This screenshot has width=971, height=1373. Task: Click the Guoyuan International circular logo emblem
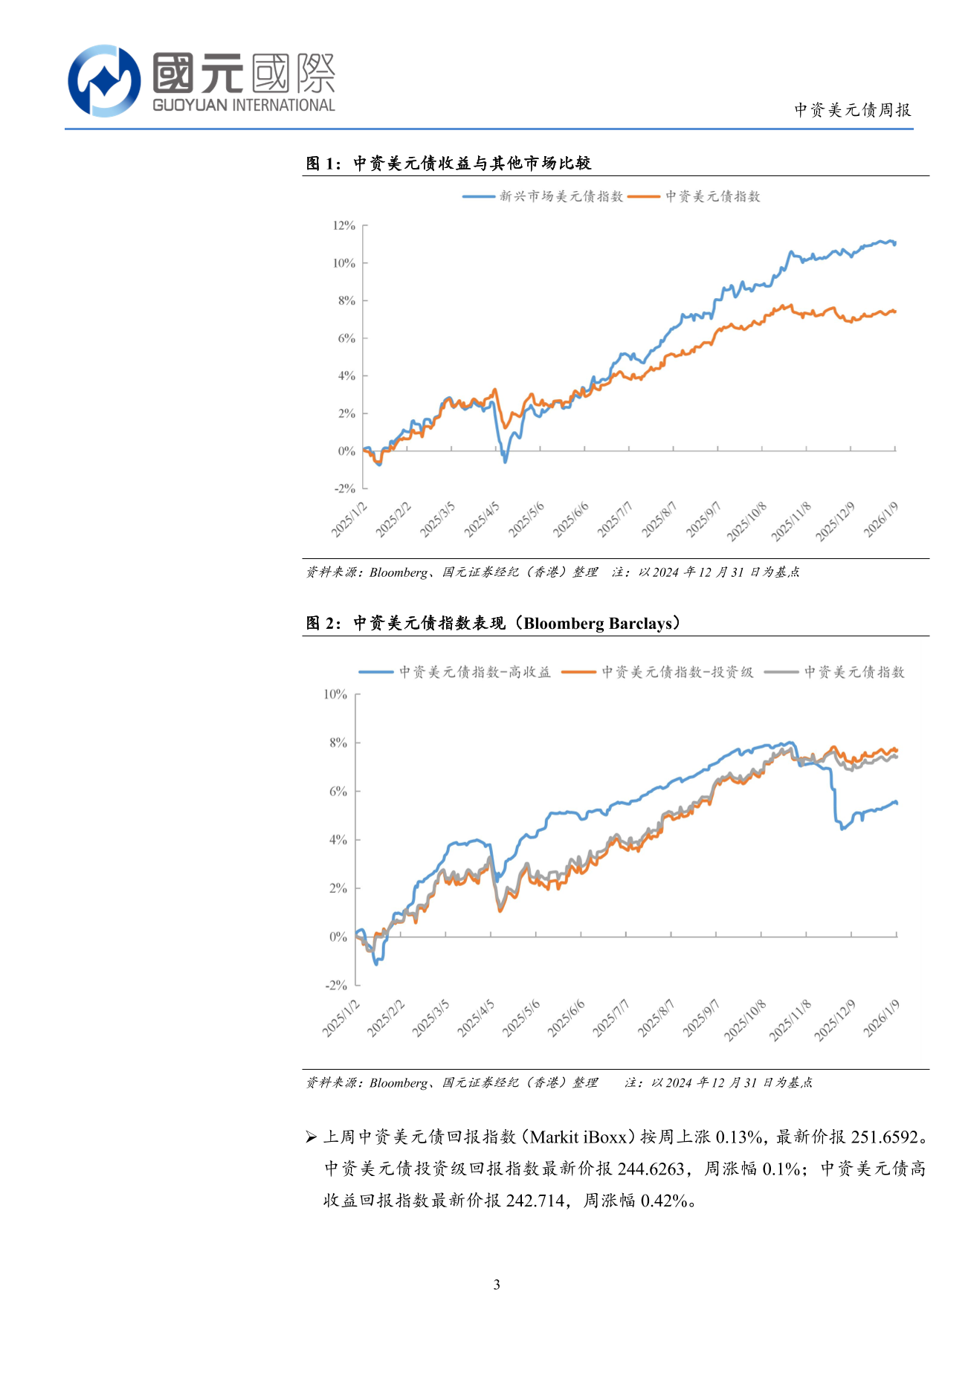pos(104,80)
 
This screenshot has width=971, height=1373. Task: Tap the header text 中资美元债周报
pos(852,110)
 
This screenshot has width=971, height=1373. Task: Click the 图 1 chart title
pos(448,164)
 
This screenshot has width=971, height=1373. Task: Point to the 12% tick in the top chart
pos(344,225)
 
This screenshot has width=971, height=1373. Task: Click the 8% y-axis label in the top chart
pos(346,300)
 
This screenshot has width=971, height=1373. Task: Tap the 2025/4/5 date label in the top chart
pos(482,520)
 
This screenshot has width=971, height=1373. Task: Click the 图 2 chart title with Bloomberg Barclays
pos(493,623)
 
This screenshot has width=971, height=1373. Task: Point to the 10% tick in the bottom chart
pos(335,694)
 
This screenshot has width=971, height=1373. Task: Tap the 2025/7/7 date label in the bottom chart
pos(611,1018)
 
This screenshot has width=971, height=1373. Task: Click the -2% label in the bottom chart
pos(336,985)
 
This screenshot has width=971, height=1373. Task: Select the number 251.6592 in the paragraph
pos(885,1137)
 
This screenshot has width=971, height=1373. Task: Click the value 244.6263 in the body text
pos(651,1169)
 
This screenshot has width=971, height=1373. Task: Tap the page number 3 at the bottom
pos(497,1285)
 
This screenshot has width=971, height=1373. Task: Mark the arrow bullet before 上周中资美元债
pos(312,1137)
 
